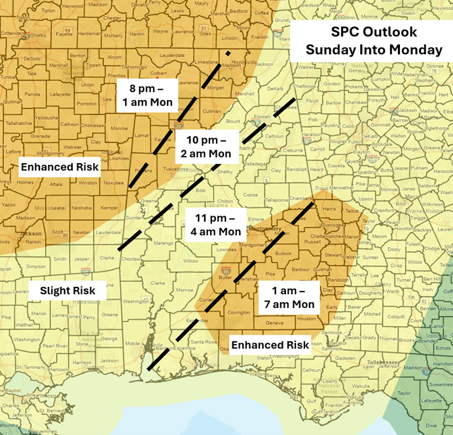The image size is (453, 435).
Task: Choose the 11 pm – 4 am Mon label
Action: click(213, 224)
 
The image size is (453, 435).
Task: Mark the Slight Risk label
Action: click(67, 290)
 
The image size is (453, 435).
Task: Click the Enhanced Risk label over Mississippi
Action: click(60, 166)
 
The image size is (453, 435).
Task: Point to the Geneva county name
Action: click(275, 323)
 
